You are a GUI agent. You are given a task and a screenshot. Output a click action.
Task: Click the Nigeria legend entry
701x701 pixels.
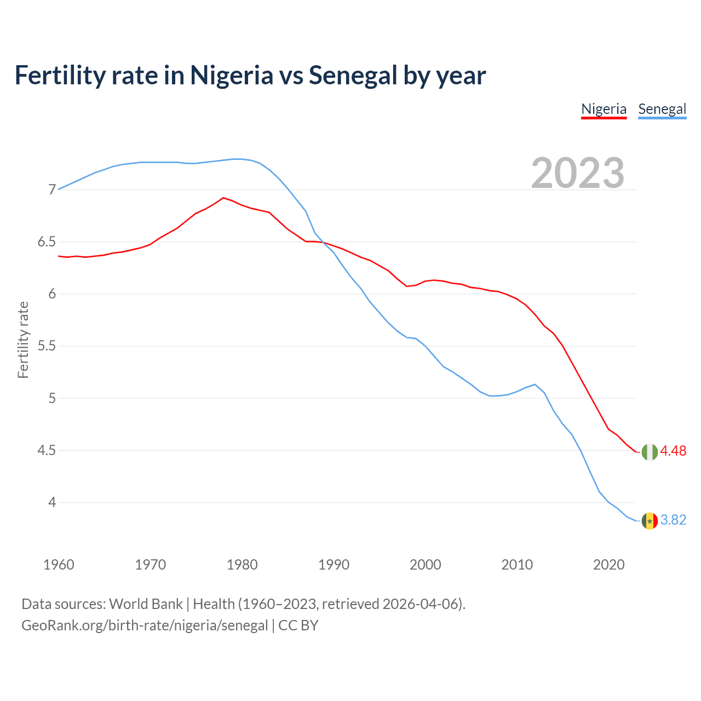[x=604, y=109]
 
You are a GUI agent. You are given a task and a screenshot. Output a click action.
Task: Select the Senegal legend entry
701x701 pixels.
[x=662, y=109]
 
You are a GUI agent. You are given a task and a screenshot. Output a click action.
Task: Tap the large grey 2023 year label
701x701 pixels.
[x=578, y=173]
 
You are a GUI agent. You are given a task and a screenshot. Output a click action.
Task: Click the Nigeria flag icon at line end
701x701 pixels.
[x=650, y=452]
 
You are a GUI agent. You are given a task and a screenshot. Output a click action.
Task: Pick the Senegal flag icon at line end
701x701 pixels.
[x=650, y=521]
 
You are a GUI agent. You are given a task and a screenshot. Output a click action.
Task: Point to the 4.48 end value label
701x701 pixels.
[x=673, y=451]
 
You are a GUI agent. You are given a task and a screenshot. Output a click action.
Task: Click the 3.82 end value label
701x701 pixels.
[x=673, y=520]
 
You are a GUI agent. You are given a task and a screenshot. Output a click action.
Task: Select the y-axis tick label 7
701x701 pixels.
[x=53, y=190]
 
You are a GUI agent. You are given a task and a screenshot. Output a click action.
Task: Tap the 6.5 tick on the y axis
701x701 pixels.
[x=47, y=242]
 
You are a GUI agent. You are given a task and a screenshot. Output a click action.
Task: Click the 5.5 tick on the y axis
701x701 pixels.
[x=47, y=346]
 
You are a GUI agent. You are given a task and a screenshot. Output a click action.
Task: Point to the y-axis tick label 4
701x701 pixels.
[x=53, y=502]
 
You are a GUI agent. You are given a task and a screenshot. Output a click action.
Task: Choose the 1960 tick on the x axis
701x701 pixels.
[x=59, y=565]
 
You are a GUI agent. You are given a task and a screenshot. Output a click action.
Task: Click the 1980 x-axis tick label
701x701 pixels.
[x=242, y=565]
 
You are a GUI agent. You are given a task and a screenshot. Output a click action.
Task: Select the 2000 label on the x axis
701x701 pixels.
[x=426, y=565]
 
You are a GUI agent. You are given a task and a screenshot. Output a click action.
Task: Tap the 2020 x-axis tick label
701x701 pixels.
[x=608, y=565]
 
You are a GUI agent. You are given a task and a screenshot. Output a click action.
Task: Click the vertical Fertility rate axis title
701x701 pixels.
[x=23, y=340]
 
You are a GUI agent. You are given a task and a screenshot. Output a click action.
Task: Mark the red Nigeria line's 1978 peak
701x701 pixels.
[x=223, y=198]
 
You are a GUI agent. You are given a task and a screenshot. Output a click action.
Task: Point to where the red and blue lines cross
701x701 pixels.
[x=323, y=243]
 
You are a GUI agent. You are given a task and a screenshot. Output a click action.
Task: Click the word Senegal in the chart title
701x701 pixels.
[x=353, y=76]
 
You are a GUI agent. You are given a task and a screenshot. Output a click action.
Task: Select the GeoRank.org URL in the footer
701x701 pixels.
[x=145, y=625]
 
